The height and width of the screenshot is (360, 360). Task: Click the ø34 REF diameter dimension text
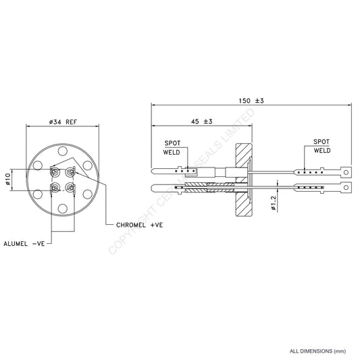click(x=65, y=122)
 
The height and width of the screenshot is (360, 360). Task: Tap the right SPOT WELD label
click(x=322, y=147)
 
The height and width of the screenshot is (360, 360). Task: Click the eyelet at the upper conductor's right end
click(x=346, y=172)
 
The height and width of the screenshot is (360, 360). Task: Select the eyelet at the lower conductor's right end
click(x=346, y=184)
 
